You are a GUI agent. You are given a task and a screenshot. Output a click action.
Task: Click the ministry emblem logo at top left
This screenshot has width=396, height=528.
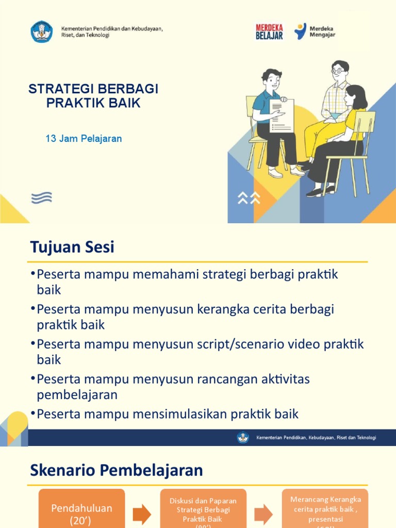[x=42, y=31]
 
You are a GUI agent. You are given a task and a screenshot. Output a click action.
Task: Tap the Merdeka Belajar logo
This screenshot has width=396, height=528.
[x=269, y=31]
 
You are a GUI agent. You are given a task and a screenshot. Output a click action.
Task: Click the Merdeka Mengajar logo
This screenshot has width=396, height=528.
[x=315, y=31]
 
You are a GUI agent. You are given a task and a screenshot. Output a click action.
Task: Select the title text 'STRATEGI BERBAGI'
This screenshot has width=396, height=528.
[x=93, y=89]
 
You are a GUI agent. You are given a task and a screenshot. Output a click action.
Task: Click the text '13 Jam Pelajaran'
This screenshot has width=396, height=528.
[x=84, y=139]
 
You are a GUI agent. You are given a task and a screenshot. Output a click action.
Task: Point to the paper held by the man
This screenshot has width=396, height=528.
[x=282, y=115]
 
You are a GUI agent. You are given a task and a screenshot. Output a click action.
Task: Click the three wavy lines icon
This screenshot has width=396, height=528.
[x=42, y=197]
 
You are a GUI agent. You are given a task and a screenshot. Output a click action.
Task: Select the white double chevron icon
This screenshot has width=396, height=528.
[x=249, y=197]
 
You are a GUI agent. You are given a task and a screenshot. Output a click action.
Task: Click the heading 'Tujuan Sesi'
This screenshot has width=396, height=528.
[x=72, y=247]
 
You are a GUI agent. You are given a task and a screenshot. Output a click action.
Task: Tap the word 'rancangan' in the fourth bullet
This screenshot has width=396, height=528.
[x=223, y=379]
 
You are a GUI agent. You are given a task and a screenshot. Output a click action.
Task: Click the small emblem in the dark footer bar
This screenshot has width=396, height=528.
[x=243, y=438]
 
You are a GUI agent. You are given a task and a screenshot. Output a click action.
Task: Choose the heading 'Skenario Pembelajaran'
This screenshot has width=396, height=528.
[x=117, y=470]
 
